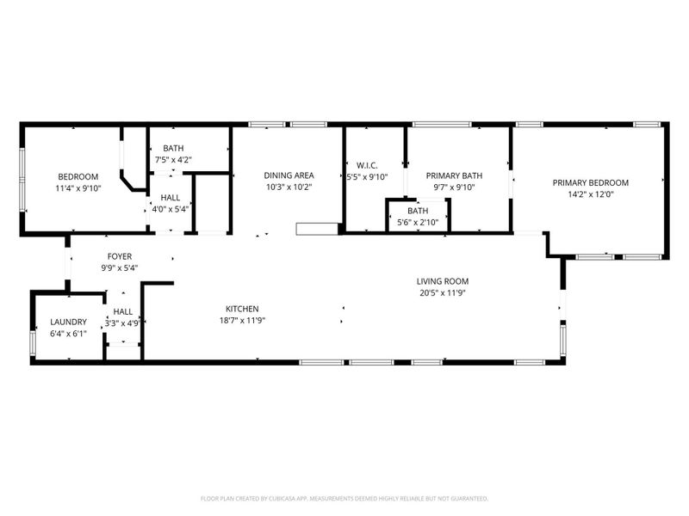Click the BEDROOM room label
point(78,176)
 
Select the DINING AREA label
point(289,175)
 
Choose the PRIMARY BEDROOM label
point(590,182)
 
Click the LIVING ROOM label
point(443,281)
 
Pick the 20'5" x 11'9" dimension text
point(443,292)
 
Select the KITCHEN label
point(242,309)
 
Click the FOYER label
point(120,256)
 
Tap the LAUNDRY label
point(68,322)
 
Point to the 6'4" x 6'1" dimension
point(68,333)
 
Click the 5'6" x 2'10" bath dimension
point(418,222)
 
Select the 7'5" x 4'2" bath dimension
point(172,159)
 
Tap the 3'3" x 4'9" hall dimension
point(122,323)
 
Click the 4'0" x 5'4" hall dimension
point(171,208)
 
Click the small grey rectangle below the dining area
point(308,229)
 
